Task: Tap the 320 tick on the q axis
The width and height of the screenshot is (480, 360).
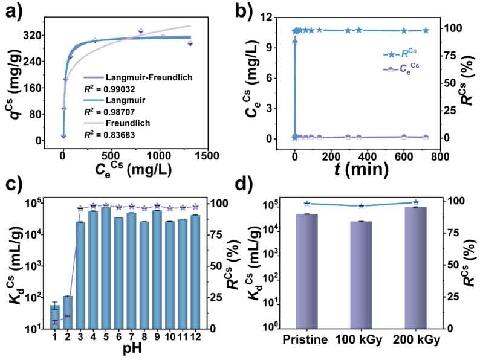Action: point(41,35)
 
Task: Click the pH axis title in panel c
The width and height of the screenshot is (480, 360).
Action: point(125,349)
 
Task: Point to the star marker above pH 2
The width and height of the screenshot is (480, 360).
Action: point(68,316)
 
